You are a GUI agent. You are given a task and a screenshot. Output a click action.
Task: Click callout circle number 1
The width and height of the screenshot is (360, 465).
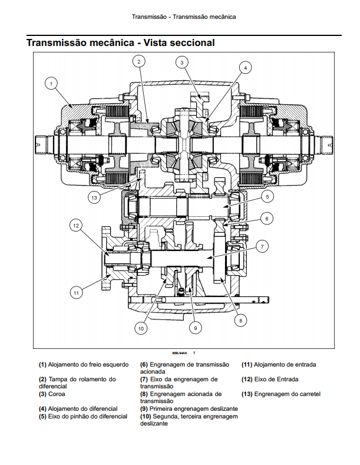(51, 84)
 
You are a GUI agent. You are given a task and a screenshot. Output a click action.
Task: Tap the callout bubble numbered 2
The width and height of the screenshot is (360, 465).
(139, 61)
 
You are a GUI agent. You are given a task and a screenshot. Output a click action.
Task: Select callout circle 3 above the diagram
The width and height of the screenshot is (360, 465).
(182, 62)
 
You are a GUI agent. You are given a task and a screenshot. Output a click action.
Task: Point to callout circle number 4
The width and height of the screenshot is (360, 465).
(245, 68)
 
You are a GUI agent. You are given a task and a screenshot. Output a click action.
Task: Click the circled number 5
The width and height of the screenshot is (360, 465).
(267, 196)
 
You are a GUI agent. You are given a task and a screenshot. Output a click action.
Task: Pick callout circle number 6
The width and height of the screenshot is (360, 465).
(267, 219)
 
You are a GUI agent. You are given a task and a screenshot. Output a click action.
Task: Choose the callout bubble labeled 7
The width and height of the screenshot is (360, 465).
(262, 246)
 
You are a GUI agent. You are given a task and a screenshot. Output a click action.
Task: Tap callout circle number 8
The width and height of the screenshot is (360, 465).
(240, 320)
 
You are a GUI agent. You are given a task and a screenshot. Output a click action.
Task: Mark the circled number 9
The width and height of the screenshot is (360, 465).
(196, 328)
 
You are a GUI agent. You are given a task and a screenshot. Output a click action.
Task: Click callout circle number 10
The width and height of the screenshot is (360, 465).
(141, 328)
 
